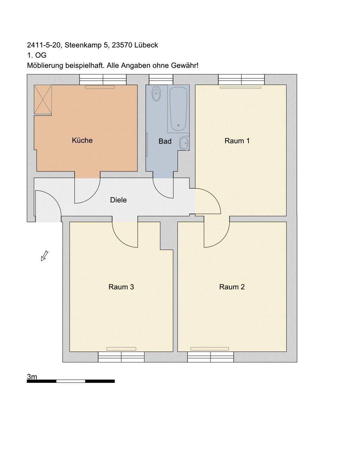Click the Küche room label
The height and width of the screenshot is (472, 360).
82,140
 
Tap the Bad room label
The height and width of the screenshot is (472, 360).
165,141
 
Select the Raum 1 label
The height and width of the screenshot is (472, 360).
237,141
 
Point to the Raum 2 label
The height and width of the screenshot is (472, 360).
232,287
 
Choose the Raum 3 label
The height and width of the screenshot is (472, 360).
121,287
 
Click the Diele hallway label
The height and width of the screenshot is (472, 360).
118,200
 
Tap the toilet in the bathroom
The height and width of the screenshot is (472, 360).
156,93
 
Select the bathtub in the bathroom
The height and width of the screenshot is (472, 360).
178,109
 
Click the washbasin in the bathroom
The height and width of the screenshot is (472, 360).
184,143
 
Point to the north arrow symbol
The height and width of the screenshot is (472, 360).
44,256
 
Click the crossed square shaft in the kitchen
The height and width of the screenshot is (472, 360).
43,99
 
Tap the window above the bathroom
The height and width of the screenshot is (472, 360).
161,80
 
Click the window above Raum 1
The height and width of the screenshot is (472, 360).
242,80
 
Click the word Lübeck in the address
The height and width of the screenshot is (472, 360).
146,45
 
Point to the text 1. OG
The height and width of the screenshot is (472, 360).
37,55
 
